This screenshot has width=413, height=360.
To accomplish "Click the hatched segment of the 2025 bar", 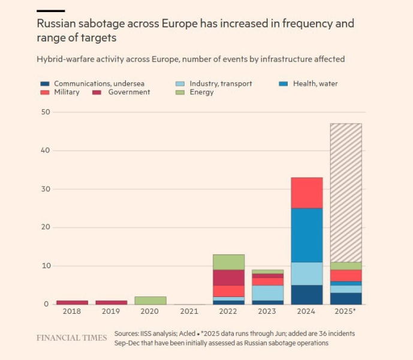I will click(346, 192).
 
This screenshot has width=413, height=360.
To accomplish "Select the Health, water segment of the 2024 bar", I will click(307, 235).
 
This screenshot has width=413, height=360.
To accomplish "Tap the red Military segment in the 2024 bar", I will click(307, 193).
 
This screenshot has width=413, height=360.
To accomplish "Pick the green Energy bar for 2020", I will click(150, 300).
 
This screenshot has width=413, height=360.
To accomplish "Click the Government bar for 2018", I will click(72, 302).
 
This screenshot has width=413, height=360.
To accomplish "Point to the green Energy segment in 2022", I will click(228, 262).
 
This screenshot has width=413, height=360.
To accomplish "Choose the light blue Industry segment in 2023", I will click(267, 293).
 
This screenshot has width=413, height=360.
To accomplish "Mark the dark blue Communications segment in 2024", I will click(307, 295).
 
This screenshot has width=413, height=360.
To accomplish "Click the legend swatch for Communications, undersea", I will click(44, 84).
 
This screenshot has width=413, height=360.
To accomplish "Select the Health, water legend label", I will click(315, 84).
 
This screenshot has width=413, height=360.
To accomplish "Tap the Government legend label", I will click(129, 92).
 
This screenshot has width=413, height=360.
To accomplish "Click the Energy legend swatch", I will click(179, 92).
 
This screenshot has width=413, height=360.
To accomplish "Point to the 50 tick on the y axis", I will click(46, 112).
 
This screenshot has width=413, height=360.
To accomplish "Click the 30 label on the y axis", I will click(46, 189).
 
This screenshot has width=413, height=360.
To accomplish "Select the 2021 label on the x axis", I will click(189, 312).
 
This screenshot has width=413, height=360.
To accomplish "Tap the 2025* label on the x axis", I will click(346, 312).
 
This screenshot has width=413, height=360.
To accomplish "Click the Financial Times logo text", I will click(71, 338).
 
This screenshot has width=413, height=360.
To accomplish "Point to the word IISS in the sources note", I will click(150, 333).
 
